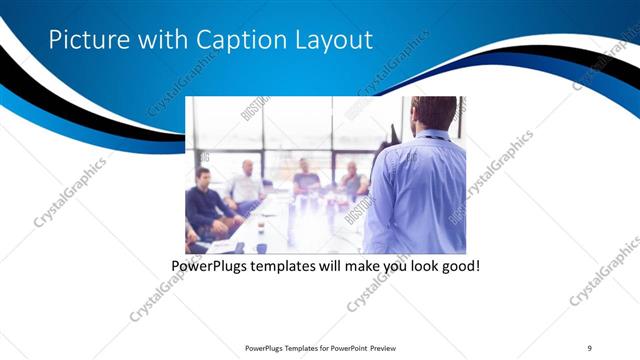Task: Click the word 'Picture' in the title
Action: click(88, 40)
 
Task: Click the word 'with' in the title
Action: click(163, 40)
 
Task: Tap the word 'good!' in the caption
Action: click(460, 267)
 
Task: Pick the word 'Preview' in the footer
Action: click(387, 347)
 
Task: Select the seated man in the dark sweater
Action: click(205, 205)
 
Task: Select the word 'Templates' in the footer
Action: click(293, 347)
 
